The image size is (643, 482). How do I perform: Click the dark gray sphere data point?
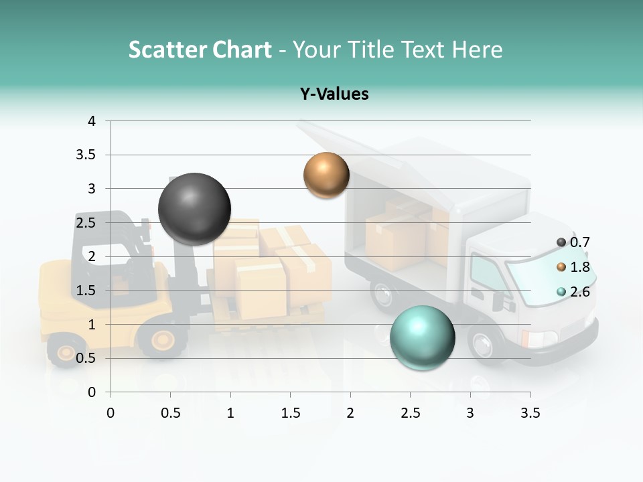pos(194,209)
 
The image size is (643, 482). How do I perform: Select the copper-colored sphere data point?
pos(326,175)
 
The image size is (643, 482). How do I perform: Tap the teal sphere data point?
pos(422,337)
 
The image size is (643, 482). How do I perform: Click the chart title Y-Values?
pos(334,94)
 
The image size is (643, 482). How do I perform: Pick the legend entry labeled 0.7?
pos(573,242)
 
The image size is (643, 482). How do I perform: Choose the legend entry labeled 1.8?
pos(573,267)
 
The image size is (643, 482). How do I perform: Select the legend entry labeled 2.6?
pos(573,292)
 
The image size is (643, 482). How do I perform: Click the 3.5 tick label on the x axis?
pos(530,413)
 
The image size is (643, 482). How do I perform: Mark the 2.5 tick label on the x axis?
pos(410,413)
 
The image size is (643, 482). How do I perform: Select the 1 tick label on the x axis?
pos(230,413)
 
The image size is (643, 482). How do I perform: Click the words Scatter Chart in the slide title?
pos(200,50)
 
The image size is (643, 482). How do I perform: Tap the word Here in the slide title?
pos(477,50)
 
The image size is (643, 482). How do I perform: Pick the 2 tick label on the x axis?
pos(350,413)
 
